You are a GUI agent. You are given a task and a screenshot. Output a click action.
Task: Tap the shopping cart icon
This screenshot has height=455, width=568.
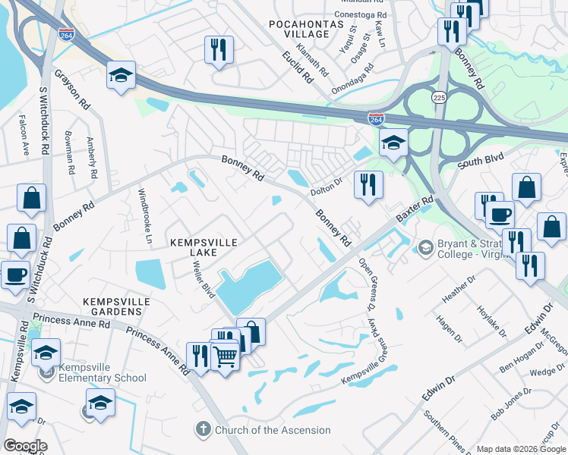[224, 354]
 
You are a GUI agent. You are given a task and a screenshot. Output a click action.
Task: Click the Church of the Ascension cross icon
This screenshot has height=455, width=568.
[202, 430]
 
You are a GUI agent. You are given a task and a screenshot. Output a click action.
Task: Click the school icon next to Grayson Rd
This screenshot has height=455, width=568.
[121, 75]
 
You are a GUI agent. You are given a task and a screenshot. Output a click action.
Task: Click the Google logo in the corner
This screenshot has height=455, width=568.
[25, 446]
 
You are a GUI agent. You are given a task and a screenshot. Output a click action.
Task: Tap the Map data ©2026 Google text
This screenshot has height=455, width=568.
[521, 449]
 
